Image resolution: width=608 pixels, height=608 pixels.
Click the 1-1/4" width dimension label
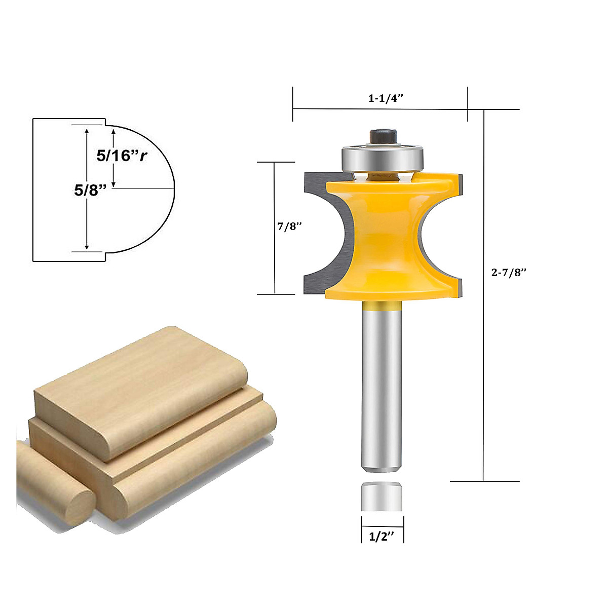385,98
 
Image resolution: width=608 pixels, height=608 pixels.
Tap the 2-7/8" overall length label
509,272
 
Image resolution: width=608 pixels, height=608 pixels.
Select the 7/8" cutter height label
289,226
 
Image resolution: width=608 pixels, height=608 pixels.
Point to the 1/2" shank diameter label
382,537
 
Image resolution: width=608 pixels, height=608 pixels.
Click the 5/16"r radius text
122,156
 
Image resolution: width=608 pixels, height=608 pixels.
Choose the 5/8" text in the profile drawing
90,191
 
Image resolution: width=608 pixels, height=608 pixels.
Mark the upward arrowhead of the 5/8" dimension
87,131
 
